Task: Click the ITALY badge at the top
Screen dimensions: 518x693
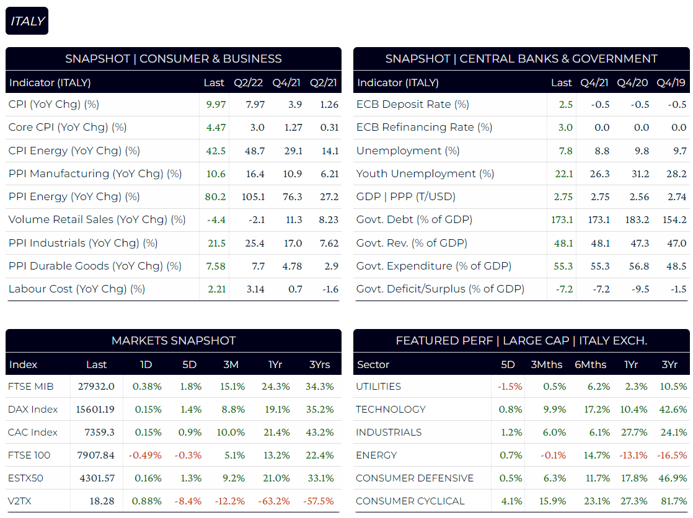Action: coord(27,21)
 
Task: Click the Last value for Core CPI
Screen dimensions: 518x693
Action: coord(216,128)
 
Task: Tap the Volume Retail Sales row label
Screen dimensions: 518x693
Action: coord(97,220)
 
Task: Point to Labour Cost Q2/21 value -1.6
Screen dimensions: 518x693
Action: coord(331,289)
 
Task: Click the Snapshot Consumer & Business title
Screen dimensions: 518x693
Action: coord(174,59)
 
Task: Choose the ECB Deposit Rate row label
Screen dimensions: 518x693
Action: coord(412,105)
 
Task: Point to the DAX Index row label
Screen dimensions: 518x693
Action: coord(33,410)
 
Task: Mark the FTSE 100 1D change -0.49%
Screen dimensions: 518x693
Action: coord(145,455)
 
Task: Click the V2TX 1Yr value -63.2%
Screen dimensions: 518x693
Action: coord(275,501)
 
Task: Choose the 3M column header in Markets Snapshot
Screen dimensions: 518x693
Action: coord(231,364)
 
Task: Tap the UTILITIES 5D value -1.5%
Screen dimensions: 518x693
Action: coord(510,387)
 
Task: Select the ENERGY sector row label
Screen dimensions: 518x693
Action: coord(376,455)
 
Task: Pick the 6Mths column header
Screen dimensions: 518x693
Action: coord(590,364)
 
